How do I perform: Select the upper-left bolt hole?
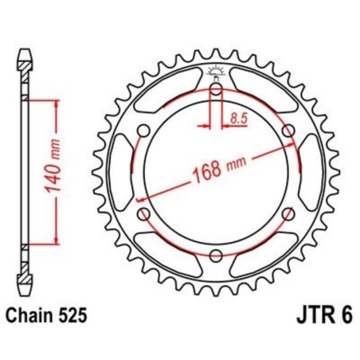pyautogui.click(x=144, y=131)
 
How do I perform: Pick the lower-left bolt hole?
pyautogui.click(x=144, y=213)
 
